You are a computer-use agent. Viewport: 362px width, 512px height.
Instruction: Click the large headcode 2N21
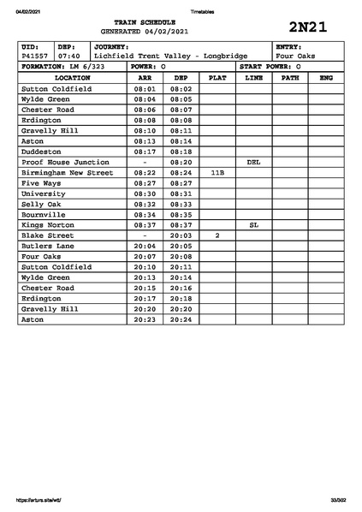pos(309,27)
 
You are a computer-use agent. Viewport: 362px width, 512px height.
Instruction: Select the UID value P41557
pos(34,56)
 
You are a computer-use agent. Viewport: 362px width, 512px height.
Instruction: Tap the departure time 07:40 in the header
pos(69,56)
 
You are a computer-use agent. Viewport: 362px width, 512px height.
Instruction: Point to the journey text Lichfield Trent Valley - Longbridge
pos(170,56)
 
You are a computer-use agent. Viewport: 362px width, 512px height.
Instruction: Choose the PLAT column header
pos(217,77)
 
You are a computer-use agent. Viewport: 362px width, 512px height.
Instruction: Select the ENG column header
pos(326,77)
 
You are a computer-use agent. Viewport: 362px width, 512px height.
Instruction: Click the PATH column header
pos(290,77)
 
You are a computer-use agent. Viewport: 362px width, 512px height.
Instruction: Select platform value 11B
pos(217,172)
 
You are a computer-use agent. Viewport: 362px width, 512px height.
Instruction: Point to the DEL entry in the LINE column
pos(253,162)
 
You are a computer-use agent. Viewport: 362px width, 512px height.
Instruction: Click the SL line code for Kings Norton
pos(253,224)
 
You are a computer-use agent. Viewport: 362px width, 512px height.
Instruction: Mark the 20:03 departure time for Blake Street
pos(181,235)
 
